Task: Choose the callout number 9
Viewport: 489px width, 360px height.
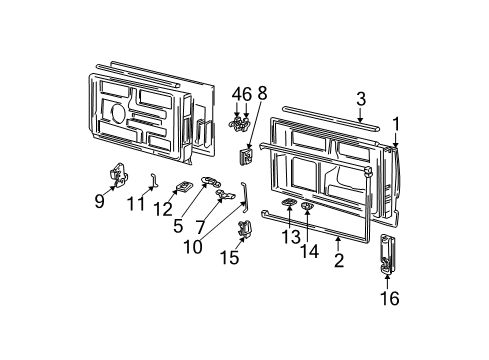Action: tap(98, 200)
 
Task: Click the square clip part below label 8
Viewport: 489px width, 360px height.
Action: tap(245, 155)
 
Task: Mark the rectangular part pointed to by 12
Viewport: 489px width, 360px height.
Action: tap(183, 185)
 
